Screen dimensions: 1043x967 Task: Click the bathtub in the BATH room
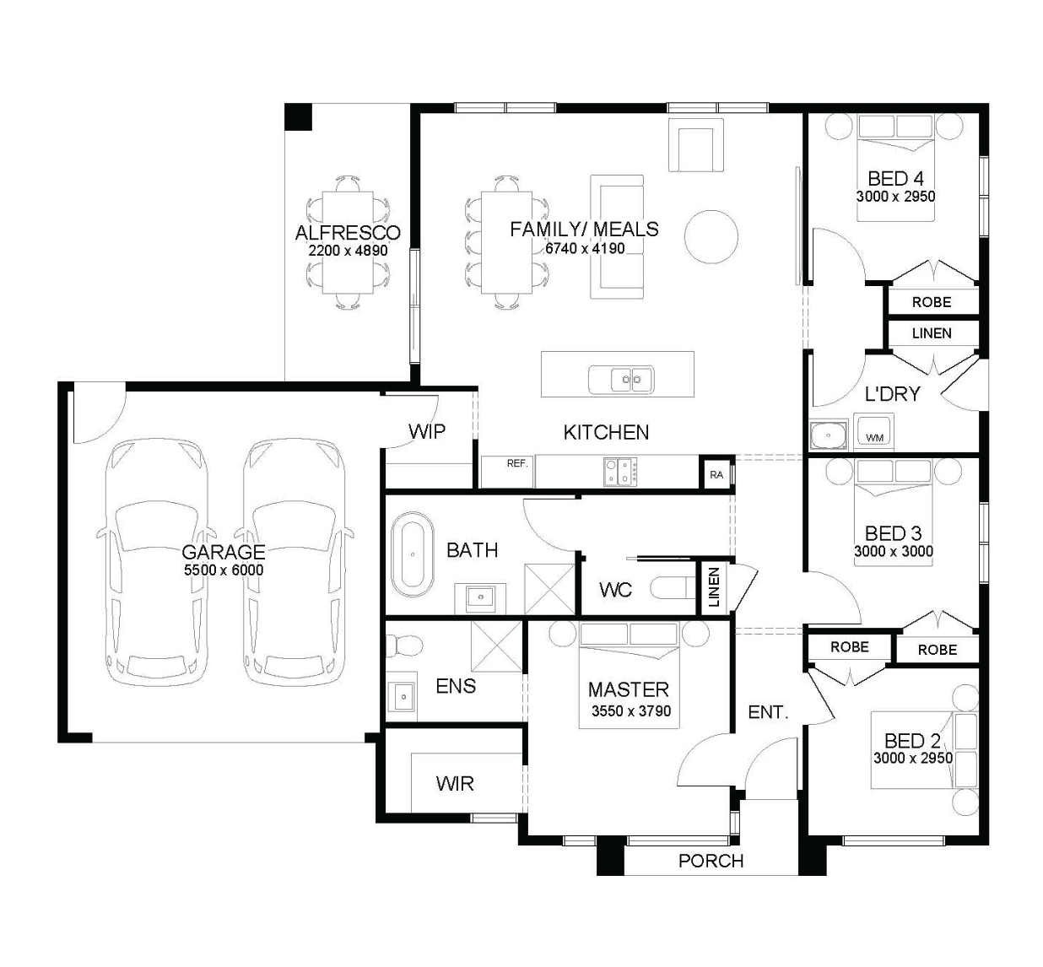pos(413,554)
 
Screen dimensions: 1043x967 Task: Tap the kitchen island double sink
pos(621,379)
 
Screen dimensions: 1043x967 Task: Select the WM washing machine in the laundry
pos(873,432)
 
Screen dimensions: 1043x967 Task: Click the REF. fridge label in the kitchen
pos(517,463)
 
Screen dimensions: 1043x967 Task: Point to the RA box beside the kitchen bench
pos(716,475)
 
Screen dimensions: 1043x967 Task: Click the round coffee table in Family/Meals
pos(711,236)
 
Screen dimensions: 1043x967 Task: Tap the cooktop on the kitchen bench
pos(620,472)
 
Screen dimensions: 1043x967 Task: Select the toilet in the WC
pos(673,587)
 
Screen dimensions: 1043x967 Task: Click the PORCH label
pos(711,861)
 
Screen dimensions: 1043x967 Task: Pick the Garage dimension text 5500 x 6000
pos(224,570)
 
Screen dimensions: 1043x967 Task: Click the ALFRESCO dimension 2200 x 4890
pos(348,251)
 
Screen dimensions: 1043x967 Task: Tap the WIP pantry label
pos(427,432)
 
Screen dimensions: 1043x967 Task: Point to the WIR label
pos(455,784)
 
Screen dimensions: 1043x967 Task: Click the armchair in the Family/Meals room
pos(696,145)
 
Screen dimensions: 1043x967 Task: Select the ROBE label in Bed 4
pos(932,302)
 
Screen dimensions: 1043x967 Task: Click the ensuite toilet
pos(404,645)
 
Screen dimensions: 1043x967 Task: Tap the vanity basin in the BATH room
pos(480,598)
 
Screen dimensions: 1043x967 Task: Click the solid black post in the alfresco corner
pos(298,116)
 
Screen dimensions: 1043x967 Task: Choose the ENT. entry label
pos(769,712)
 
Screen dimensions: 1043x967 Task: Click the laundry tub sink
pos(829,435)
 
